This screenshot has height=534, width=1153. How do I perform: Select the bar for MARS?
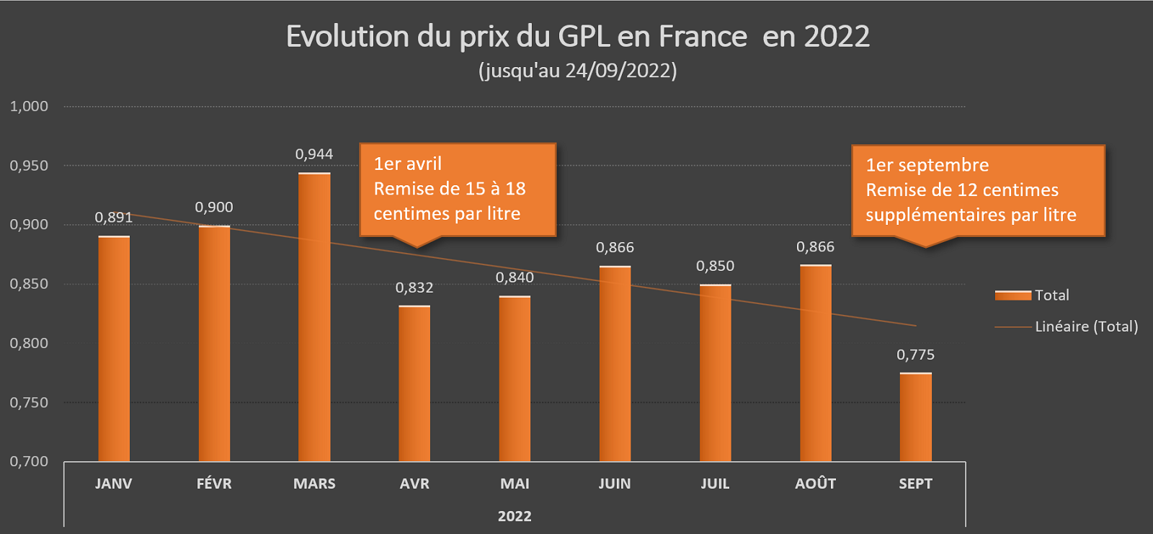tap(314, 317)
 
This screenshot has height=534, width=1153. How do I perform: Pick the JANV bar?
tap(114, 349)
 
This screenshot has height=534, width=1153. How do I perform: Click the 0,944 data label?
tap(314, 154)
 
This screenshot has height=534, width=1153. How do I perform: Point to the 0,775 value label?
tap(915, 355)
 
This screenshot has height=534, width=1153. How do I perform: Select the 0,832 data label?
tap(414, 288)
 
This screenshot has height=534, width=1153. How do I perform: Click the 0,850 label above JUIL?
tap(715, 266)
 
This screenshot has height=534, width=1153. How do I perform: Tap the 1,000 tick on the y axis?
tap(29, 107)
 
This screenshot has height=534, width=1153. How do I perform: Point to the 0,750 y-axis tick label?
tap(29, 403)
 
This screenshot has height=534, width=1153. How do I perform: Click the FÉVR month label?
tap(214, 484)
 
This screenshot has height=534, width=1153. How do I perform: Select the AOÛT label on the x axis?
tap(815, 484)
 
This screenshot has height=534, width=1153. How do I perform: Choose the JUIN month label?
tap(615, 484)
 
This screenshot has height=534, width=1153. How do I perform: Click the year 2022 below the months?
tap(515, 516)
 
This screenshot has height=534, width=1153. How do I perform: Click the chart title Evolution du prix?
tap(577, 37)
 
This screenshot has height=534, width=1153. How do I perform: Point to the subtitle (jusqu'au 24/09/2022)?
tap(577, 71)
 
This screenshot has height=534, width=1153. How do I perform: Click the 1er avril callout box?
tap(458, 190)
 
